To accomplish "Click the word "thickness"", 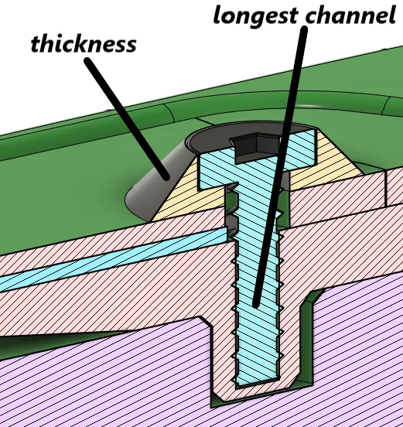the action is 84,44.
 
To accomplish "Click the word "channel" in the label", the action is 350,15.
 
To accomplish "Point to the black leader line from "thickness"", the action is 127,118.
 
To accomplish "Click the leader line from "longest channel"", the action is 280,166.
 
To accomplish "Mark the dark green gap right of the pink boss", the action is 306,340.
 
